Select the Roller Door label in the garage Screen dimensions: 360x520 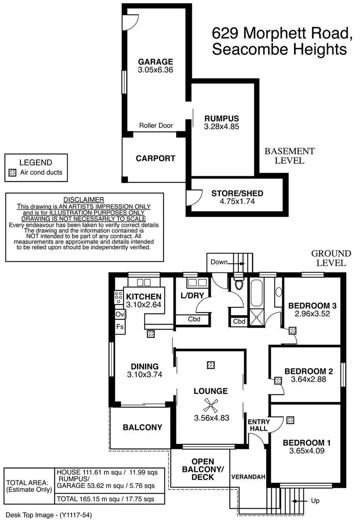(x=156, y=126)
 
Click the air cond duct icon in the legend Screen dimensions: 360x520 (x=13, y=172)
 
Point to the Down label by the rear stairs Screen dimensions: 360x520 (x=219, y=262)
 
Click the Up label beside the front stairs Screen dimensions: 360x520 (x=315, y=501)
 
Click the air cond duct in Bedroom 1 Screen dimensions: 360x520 (x=290, y=420)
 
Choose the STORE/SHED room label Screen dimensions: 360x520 (x=237, y=193)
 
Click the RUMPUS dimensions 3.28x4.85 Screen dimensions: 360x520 (x=222, y=127)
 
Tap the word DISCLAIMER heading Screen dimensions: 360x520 (x=84, y=199)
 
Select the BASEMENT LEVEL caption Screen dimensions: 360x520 (x=289, y=156)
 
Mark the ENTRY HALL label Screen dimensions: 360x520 (x=259, y=425)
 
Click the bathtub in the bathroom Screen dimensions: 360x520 (x=254, y=298)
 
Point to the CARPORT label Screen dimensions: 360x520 (x=156, y=158)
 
